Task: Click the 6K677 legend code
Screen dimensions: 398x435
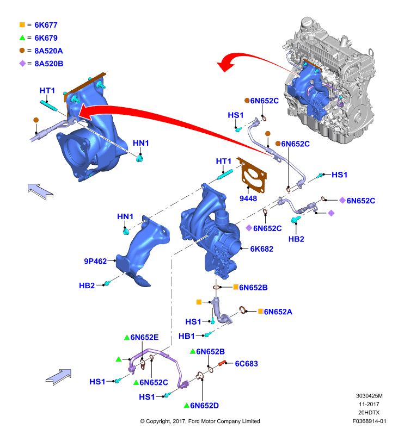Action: tap(46, 25)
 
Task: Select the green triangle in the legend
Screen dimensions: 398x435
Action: tap(22, 38)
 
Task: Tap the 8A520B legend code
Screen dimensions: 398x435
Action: tap(49, 64)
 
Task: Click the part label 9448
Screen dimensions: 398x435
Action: tap(248, 198)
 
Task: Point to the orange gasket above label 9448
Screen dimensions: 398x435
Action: tap(252, 175)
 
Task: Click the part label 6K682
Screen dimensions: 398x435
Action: tap(262, 249)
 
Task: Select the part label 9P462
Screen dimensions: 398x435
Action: tap(95, 261)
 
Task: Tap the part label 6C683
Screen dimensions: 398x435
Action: tap(246, 363)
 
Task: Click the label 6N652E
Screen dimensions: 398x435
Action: tap(144, 337)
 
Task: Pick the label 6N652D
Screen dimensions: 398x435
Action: tap(204, 405)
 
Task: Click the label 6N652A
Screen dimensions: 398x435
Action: tap(278, 312)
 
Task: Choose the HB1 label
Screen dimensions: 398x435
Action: tap(186, 336)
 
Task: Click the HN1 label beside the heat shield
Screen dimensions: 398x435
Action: tap(125, 216)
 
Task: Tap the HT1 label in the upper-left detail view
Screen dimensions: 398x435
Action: tap(47, 90)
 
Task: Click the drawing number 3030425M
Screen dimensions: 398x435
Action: tap(369, 396)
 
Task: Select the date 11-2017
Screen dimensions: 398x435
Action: tap(369, 404)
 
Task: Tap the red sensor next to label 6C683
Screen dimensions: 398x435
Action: tap(223, 363)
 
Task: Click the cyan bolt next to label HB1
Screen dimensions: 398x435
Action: tap(208, 334)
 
